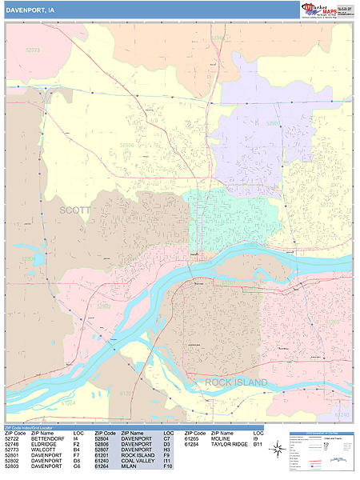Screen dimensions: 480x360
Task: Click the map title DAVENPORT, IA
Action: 30,10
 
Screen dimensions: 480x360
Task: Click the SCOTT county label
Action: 76,210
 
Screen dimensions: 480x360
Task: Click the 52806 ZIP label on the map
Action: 127,146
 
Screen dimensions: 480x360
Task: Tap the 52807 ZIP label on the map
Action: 274,124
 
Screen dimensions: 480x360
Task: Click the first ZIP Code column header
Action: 14,433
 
